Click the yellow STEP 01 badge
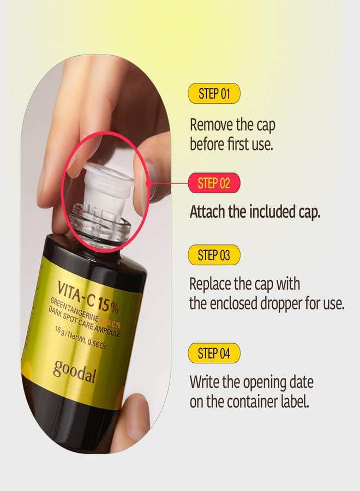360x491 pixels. tap(214, 93)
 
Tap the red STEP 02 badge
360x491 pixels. tap(214, 183)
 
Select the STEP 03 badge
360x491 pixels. tap(214, 255)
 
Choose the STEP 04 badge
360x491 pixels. tap(214, 353)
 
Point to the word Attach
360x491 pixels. tap(207, 212)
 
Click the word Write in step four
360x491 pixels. tap(205, 382)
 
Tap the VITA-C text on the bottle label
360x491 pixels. tap(76, 293)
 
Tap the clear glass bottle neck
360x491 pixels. tap(100, 222)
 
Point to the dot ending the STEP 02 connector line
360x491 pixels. tap(149, 183)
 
